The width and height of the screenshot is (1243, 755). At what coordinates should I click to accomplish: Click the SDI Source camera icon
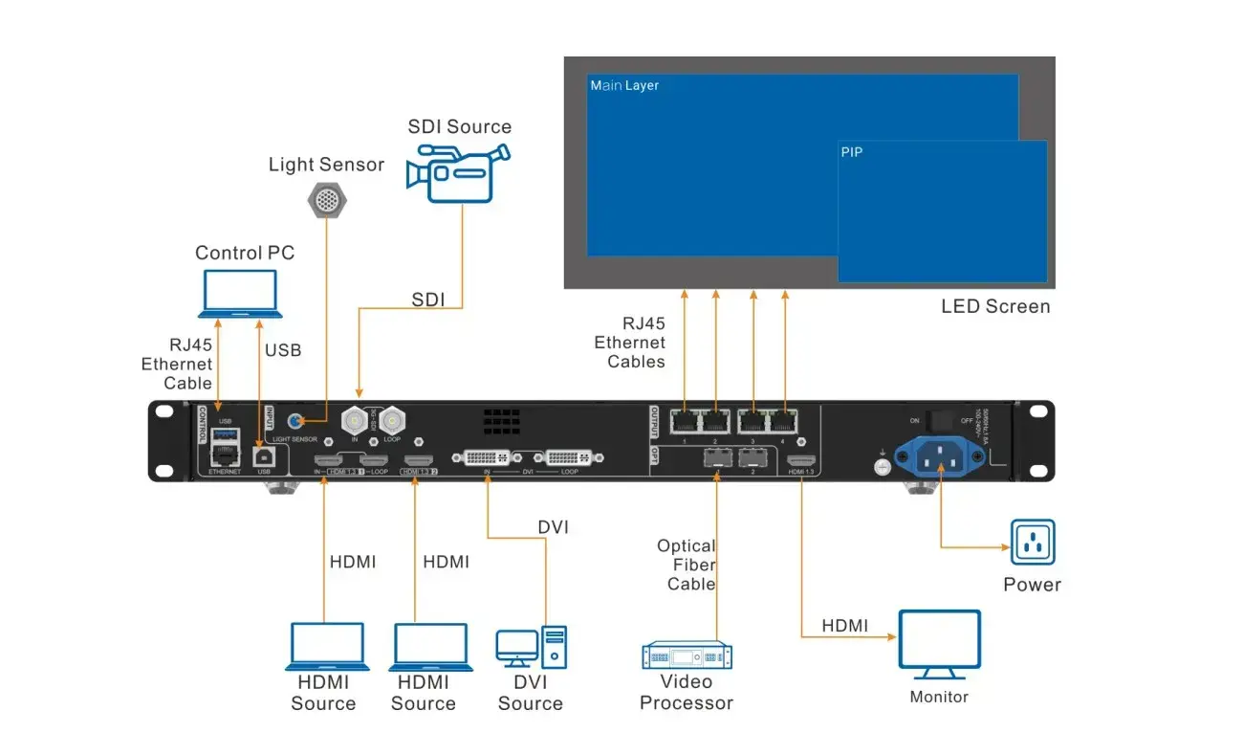[x=456, y=172]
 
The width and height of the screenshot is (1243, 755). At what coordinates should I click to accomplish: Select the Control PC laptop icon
[x=240, y=294]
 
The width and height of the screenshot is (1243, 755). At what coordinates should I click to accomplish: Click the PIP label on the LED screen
[x=852, y=151]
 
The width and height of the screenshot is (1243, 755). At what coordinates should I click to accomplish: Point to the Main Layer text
[x=623, y=86]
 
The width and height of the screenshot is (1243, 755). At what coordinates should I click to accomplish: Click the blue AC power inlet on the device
[x=940, y=456]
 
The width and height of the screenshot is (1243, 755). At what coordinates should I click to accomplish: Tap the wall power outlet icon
[x=1033, y=543]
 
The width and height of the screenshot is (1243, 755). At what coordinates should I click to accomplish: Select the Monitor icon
[x=939, y=644]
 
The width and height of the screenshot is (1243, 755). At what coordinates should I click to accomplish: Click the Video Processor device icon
[x=687, y=655]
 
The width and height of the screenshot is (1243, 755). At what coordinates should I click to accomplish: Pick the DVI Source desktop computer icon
[x=531, y=648]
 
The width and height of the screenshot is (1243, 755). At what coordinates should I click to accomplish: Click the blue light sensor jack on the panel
[x=300, y=421]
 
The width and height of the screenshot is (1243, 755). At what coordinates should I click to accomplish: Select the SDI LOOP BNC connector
[x=392, y=420]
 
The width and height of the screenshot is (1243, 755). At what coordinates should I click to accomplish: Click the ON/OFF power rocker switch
[x=942, y=420]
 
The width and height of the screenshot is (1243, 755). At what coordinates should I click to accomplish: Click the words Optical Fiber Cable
[x=687, y=565]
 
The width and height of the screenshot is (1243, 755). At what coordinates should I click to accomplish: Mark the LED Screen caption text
[x=995, y=307]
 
